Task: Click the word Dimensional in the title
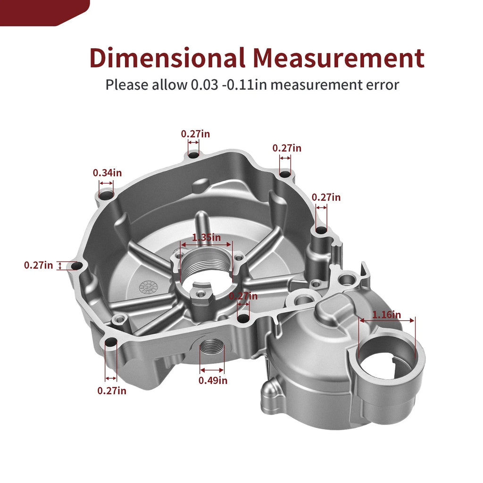point(167,58)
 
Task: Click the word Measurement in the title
point(339,58)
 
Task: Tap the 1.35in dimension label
point(207,238)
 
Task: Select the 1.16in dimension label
point(387,315)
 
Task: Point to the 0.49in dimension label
point(213,381)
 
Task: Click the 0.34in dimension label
point(107,173)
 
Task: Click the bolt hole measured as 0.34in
point(106,195)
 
